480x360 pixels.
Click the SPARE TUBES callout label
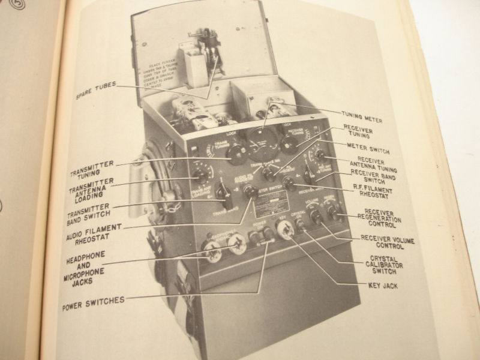[95, 84]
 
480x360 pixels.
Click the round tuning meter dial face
[263, 143]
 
